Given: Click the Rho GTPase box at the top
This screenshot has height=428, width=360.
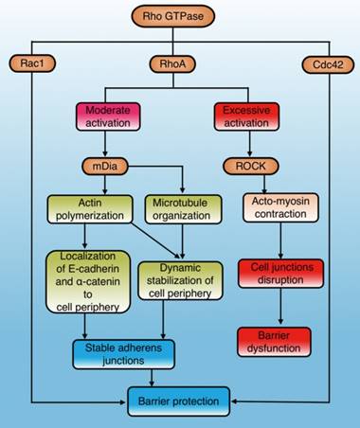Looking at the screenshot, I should tap(181, 17).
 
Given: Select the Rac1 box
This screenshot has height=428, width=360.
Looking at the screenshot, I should tap(33, 63).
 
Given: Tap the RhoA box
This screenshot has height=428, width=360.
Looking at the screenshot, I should tap(181, 63).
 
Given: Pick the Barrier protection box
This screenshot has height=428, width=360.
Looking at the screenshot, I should tap(179, 401).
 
